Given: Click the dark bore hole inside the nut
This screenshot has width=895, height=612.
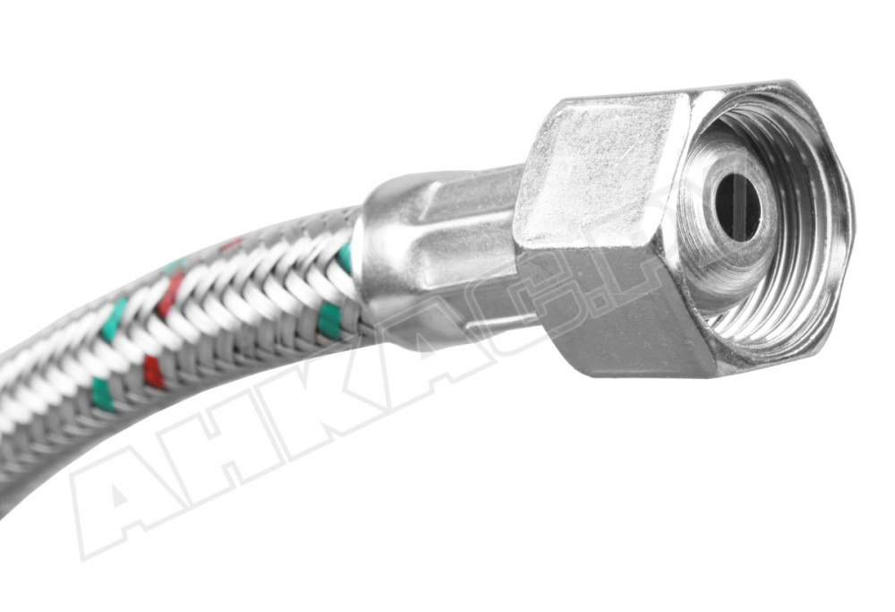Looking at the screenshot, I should coord(738,207).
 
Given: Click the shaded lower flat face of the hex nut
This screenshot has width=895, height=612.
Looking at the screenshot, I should coord(626,309).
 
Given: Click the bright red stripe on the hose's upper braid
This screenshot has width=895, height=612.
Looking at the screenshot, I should coord(169,296).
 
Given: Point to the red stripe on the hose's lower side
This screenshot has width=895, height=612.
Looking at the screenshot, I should coord(153,372).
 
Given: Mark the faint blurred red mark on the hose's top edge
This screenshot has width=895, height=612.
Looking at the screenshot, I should coord(231,243).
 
